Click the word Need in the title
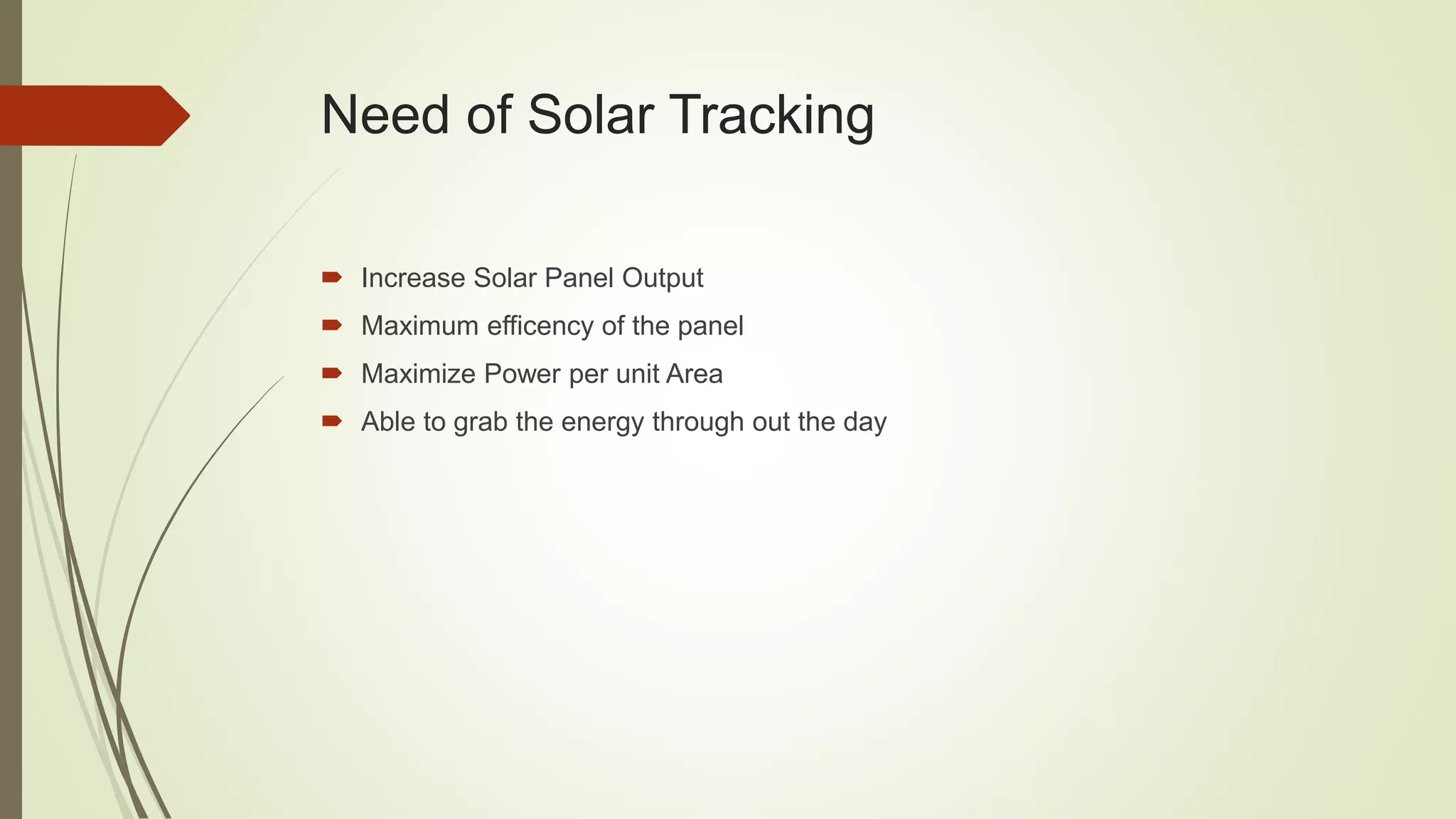385,115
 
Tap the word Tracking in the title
772,115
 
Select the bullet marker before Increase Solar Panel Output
331,277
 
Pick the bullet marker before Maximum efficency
331,326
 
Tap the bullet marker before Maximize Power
331,373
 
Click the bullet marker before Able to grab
331,422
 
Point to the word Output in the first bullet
662,278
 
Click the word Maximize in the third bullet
418,374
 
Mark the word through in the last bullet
698,422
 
